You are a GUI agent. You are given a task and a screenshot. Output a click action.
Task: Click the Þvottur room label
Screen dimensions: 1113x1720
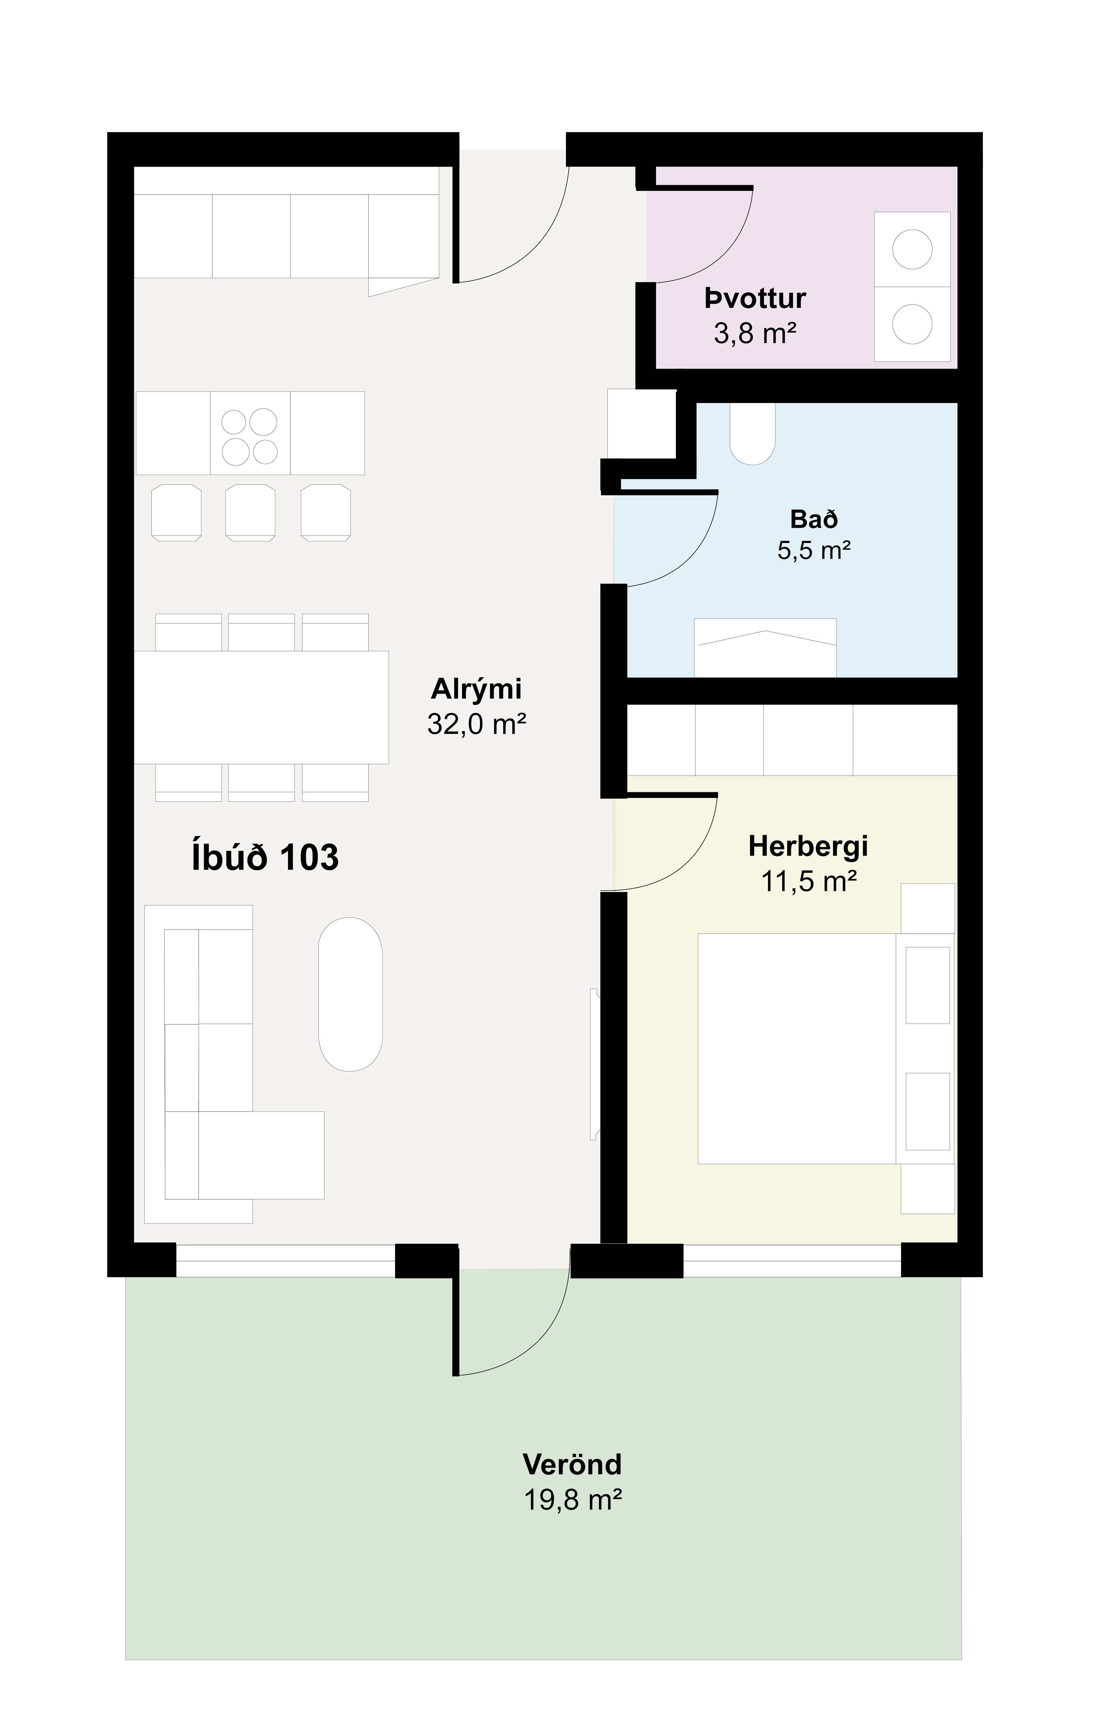click(x=755, y=298)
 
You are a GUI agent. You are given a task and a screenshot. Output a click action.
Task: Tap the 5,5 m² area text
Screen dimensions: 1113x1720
click(x=814, y=551)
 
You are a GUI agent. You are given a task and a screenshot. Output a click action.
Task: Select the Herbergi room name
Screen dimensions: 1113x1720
click(x=808, y=846)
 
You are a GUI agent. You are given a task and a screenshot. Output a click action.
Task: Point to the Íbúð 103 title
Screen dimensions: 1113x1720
click(x=265, y=857)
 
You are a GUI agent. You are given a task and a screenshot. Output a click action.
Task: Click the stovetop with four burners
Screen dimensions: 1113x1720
click(x=250, y=433)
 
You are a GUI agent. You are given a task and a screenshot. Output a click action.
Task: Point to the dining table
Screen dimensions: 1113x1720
click(x=262, y=708)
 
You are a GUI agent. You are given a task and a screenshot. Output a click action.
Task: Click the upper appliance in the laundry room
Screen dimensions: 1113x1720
click(x=912, y=249)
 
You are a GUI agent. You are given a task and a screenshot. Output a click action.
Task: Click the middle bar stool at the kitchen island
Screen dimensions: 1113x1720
click(x=250, y=512)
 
